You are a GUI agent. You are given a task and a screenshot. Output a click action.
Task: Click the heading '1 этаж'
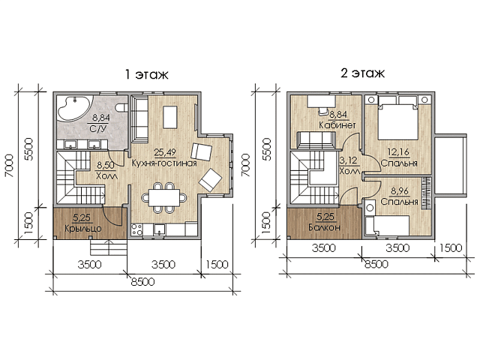(x=147, y=74)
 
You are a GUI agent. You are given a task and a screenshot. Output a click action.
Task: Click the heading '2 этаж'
(x=363, y=73)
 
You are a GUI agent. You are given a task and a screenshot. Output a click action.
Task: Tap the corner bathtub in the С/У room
(x=73, y=110)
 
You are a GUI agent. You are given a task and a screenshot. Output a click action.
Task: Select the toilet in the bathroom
(x=121, y=107)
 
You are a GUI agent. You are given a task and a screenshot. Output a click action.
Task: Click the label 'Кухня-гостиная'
(x=164, y=163)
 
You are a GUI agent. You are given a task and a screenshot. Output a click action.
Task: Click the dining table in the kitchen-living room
(x=164, y=198)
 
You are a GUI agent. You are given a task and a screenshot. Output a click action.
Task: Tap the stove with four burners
(x=136, y=229)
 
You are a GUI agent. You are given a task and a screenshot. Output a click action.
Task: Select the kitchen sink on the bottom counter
(x=160, y=229)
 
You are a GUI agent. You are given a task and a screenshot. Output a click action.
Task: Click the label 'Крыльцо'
(x=83, y=228)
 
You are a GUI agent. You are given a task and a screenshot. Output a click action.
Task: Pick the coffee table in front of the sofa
(x=170, y=117)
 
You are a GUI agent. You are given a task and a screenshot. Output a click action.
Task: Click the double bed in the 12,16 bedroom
(x=398, y=118)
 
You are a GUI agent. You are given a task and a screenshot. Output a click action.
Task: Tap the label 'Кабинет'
(x=337, y=125)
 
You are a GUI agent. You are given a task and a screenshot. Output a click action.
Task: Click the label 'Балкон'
(x=324, y=227)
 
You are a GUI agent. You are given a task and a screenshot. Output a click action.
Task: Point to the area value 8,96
(x=400, y=191)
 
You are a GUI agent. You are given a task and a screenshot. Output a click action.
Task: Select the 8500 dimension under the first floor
(x=142, y=282)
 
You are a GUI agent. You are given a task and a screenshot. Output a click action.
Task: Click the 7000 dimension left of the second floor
(x=246, y=165)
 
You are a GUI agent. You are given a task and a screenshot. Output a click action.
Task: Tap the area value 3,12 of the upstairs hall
(x=348, y=160)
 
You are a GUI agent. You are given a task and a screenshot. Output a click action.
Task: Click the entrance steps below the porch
(x=109, y=247)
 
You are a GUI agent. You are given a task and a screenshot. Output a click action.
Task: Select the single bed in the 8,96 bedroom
(x=388, y=226)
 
